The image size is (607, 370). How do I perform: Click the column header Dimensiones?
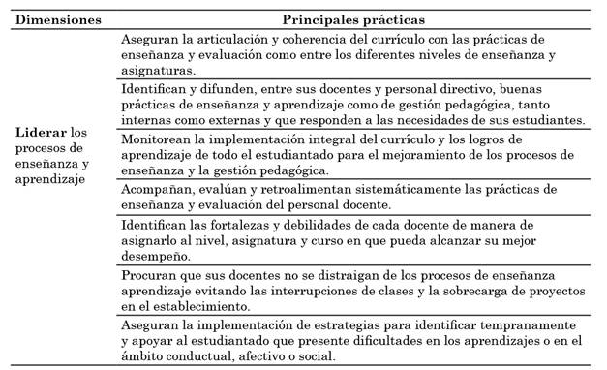pos(58,19)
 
